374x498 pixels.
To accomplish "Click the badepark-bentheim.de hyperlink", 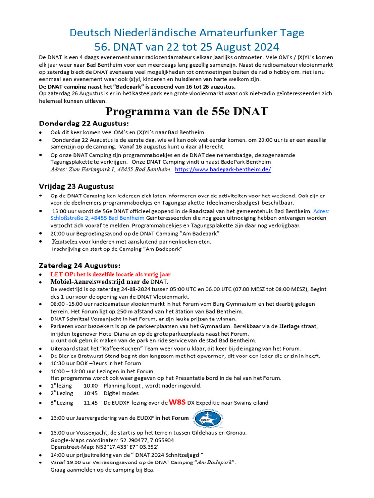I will [223, 170].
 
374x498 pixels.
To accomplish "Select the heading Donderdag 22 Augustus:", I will [84, 124].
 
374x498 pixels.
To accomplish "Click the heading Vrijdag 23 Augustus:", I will [76, 186].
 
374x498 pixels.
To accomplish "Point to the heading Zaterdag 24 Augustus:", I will [79, 265].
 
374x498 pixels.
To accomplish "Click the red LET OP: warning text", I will [112, 274].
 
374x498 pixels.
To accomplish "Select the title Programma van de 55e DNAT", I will [187, 111].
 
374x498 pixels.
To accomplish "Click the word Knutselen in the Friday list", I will [67, 241].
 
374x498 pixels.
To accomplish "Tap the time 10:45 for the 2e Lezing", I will [91, 393].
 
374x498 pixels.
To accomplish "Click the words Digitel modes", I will [121, 393].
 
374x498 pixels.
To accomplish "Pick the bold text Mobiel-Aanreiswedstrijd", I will [93, 282].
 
